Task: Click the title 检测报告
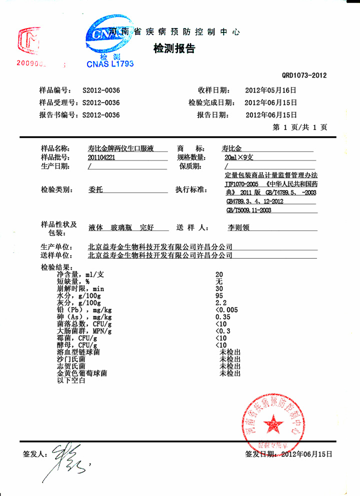173,49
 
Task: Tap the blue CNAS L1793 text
110,64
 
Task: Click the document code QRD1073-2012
304,76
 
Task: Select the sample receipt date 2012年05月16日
270,91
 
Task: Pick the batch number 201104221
101,157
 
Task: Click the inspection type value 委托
95,190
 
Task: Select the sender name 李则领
238,227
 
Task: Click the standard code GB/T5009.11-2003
248,211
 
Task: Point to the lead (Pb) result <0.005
226,310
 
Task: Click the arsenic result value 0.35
222,317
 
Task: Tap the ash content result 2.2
220,303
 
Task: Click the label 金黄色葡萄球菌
82,373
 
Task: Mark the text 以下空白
72,380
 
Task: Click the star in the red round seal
274,422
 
